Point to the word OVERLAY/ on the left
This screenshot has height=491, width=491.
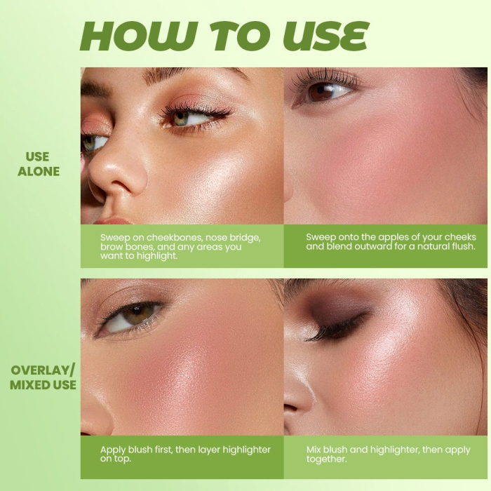43,370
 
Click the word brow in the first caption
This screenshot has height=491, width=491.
112,247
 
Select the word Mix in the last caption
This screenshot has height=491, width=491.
316,449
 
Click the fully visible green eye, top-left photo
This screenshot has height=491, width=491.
184,117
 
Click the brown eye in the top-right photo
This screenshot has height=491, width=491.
323,90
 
